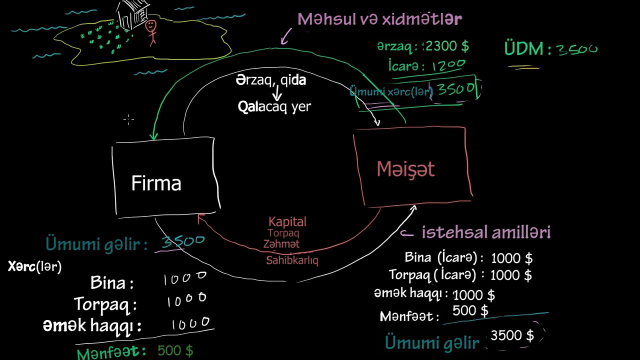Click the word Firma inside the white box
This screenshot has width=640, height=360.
pos(156,183)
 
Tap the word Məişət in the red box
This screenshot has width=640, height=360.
pos(405,169)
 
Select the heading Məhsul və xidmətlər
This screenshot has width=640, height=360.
pos(379,19)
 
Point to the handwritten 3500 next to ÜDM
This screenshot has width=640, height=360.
pos(576,49)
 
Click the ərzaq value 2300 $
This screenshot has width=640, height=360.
pos(447,46)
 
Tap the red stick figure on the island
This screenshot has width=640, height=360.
pos(151,32)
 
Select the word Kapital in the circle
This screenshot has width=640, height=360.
pos(287,221)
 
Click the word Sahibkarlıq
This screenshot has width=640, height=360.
pos(292,260)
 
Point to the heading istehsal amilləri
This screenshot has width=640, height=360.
pos(486,232)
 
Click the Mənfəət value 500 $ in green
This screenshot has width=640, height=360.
pos(175,350)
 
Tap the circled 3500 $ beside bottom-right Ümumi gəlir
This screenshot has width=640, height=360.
pos(512,335)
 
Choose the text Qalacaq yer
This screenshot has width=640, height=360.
pos(274,106)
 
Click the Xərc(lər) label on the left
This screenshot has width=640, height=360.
pos(34,266)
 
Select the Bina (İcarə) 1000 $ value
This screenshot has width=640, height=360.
pos(511,258)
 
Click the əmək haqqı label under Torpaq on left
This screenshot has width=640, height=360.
pos(92,326)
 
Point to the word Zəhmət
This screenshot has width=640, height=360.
pos(281,244)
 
